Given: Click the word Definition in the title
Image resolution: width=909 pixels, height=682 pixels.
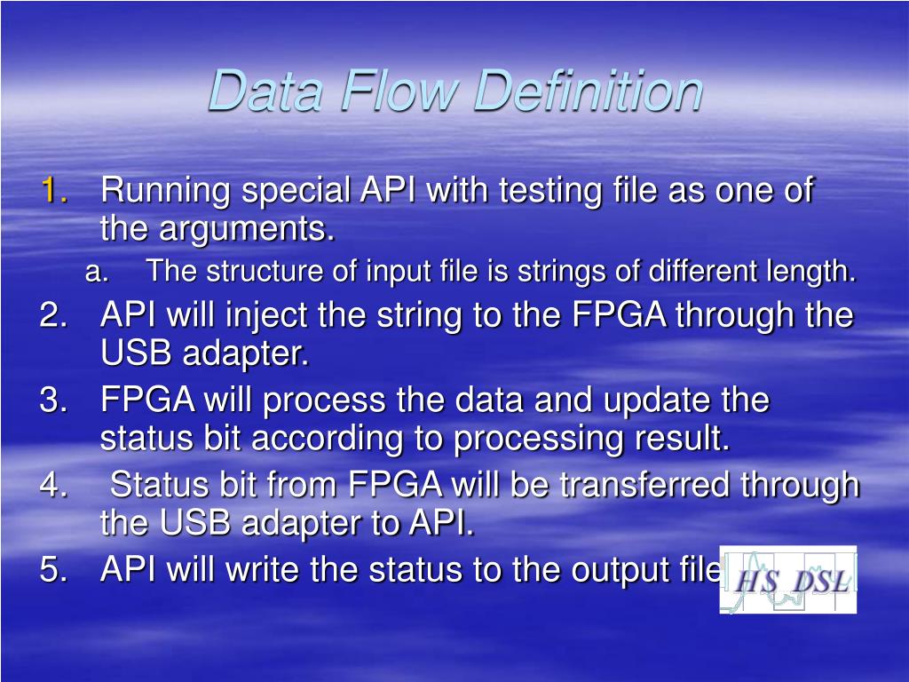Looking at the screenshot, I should [588, 91].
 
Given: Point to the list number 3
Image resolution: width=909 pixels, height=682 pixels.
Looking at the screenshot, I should [54, 400].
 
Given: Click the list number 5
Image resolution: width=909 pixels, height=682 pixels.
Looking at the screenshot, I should [54, 569].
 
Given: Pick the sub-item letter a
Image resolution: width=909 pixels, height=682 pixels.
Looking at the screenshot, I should [97, 272].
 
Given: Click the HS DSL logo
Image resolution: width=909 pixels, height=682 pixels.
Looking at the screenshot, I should [788, 580].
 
